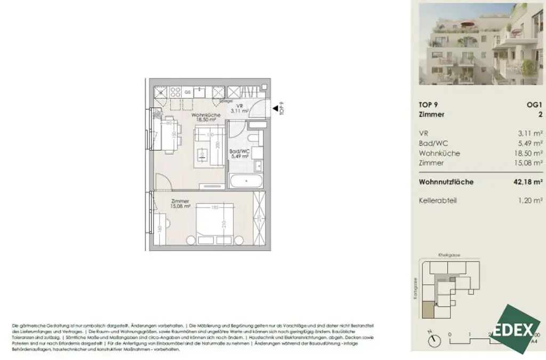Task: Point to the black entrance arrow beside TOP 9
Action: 276,109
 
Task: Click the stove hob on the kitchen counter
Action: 175,92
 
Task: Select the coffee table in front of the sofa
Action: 202,155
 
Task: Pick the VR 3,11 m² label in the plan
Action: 239,109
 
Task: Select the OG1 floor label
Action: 534,105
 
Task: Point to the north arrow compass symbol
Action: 435,339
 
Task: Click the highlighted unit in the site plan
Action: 429,309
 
